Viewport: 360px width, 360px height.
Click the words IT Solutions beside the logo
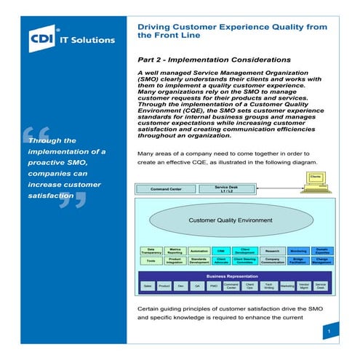coord(88,38)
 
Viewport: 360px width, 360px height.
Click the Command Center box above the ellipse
coord(167,188)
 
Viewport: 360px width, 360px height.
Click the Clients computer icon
coord(316,181)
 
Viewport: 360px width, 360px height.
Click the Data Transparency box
coord(151,250)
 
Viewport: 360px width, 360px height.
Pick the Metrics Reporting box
coord(175,250)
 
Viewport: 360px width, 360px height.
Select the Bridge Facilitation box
coord(298,260)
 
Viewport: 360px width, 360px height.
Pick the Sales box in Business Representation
coord(148,287)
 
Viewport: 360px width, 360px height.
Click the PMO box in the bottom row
coord(214,287)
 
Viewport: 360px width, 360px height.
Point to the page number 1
coord(329,331)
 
